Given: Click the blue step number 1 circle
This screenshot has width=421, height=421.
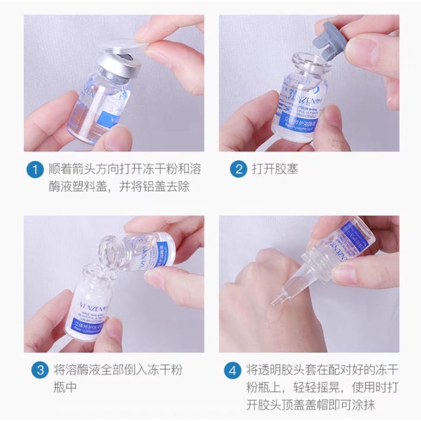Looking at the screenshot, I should [35, 169].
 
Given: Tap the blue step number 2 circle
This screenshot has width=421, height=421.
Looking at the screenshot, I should [238, 169].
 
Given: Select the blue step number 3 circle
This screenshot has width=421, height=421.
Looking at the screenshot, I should [39, 371].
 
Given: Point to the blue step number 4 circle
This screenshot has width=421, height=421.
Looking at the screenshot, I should [232, 371].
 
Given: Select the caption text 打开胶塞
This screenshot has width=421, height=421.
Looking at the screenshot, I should [275, 169].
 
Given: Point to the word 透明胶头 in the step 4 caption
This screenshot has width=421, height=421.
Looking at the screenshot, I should [281, 371].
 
